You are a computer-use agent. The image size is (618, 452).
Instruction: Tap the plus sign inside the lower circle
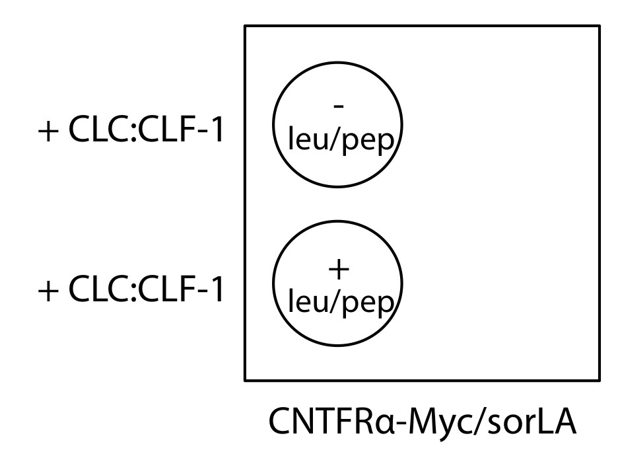(337, 269)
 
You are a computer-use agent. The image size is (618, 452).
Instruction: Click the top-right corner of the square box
(600, 26)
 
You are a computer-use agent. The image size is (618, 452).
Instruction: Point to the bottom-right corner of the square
(600, 380)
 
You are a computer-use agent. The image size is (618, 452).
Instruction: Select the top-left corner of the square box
(246, 26)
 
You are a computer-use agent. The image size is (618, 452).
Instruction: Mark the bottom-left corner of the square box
(246, 380)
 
